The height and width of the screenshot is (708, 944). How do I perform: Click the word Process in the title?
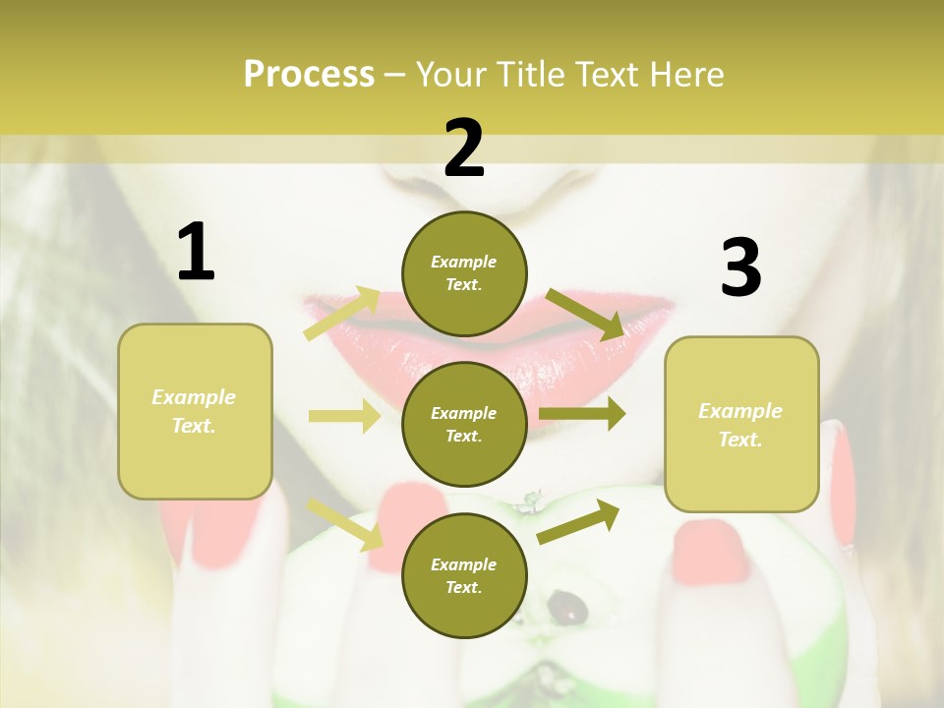click(309, 74)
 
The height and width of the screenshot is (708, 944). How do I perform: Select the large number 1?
click(196, 252)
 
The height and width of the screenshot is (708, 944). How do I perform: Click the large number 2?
click(464, 147)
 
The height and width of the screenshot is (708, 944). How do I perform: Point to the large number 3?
click(740, 267)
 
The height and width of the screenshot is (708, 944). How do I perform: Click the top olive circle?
click(464, 273)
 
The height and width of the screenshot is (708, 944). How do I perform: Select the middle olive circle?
click(464, 424)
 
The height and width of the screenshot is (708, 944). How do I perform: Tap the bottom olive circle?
click(464, 575)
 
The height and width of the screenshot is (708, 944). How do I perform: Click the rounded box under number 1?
click(195, 411)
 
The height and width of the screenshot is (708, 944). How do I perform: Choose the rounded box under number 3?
click(741, 424)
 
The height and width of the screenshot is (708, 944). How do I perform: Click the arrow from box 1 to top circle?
click(341, 313)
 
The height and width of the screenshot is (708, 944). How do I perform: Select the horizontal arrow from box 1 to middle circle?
click(344, 416)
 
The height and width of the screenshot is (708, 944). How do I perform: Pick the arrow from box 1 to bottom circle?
click(344, 523)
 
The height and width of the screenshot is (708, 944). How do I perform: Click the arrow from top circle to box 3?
click(585, 314)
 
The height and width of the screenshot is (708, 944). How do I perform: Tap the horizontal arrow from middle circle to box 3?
click(582, 414)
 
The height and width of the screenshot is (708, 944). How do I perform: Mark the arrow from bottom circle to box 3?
click(578, 521)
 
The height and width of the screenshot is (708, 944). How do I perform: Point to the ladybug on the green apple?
click(567, 607)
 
